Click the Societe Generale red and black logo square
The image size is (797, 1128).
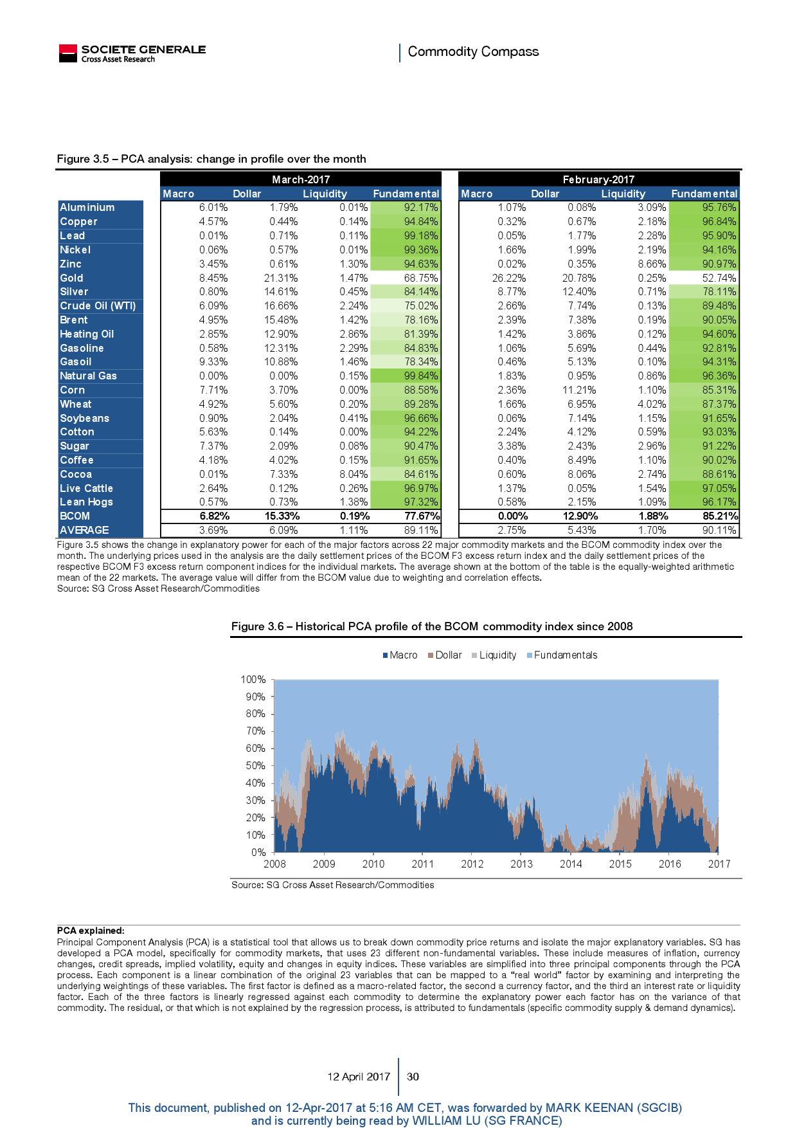tap(67, 53)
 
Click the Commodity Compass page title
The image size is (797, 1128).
tap(473, 51)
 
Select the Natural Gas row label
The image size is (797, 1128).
tap(89, 376)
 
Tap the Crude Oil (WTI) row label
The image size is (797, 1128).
tap(98, 306)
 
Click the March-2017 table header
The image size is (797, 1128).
tap(301, 179)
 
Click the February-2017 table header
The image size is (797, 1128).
tap(598, 179)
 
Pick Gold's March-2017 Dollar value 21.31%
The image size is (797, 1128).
tap(281, 278)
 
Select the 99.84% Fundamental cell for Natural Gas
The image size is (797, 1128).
tap(420, 376)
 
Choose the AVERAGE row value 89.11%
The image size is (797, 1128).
tap(421, 531)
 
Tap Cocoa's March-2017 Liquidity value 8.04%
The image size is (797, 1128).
tap(354, 475)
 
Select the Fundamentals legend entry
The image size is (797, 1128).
tap(565, 655)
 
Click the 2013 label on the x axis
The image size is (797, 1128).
tap(521, 864)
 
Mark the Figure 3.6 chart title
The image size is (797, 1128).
tap(432, 626)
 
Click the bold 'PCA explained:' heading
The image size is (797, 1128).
tap(91, 931)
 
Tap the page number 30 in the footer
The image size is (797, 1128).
tap(413, 1077)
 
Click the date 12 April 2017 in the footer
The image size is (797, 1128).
tap(359, 1077)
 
